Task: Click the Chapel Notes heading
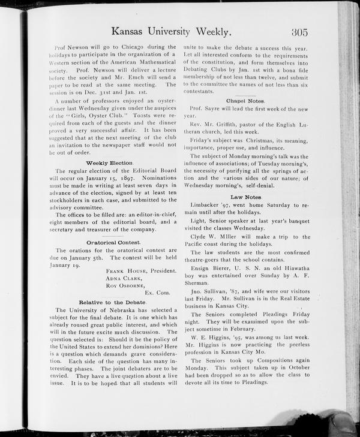(x=245, y=101)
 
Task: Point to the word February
(x=242, y=329)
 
